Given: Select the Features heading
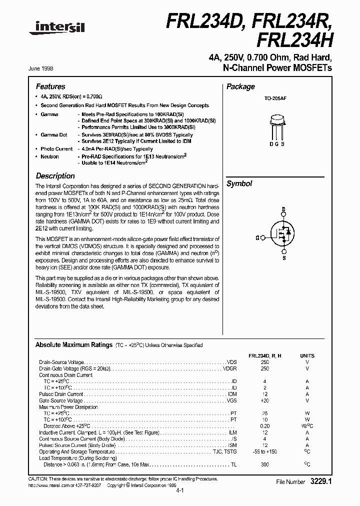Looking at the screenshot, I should [x=50, y=86].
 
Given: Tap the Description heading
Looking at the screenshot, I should [x=55, y=176].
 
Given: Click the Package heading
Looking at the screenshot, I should [x=240, y=86].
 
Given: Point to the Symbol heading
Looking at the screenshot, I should [x=239, y=183].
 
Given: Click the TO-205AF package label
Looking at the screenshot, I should [x=275, y=99].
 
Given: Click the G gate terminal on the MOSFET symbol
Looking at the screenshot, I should [x=257, y=238].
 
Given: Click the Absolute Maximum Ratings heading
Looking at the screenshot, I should [x=73, y=345].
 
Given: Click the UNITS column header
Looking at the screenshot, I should [x=307, y=355].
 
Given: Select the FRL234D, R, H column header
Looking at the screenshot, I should [x=265, y=355].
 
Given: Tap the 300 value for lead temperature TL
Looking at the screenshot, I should [x=265, y=464].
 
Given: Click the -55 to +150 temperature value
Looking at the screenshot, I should [x=265, y=451].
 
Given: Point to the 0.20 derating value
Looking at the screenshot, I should [x=265, y=426].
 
